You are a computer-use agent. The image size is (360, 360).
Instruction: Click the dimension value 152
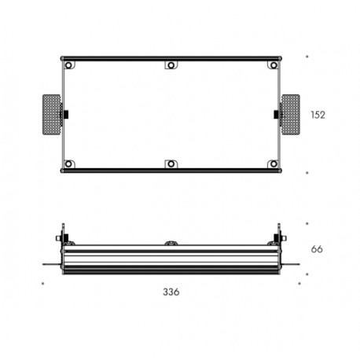318,115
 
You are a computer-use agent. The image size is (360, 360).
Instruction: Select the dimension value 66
317,249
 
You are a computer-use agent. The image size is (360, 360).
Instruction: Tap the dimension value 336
171,292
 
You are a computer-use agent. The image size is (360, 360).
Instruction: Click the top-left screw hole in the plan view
68,65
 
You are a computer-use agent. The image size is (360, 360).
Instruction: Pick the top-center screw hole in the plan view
171,65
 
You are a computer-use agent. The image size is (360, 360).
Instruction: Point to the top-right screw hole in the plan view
274,65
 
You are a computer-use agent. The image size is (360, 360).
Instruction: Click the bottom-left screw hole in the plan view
68,164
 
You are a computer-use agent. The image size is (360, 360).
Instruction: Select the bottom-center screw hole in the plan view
171,164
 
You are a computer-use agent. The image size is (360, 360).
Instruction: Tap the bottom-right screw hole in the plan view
274,164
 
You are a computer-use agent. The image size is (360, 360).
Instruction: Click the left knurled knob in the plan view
51,115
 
